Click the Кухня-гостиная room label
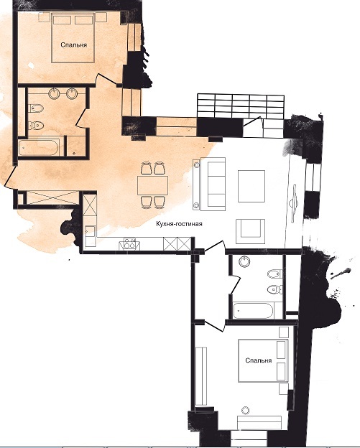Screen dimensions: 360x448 [179, 224]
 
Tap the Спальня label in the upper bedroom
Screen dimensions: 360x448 [74, 45]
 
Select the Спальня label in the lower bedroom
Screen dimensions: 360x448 [259, 360]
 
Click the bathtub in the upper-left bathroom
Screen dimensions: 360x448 [39, 147]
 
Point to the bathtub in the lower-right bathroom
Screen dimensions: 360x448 [254, 311]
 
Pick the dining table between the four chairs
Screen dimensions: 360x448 [152, 185]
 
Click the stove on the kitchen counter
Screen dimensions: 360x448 [129, 245]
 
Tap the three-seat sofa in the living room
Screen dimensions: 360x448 [213, 184]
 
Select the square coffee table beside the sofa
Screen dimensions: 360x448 [251, 186]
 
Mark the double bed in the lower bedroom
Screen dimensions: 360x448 [263, 360]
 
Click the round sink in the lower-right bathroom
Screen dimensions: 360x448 [244, 261]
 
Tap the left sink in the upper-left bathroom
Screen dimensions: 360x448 [55, 93]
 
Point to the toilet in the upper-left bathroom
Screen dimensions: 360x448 [36, 125]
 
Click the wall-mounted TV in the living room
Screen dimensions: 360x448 [294, 203]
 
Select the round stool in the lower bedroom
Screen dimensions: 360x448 [245, 410]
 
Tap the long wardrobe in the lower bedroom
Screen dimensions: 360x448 [200, 376]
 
